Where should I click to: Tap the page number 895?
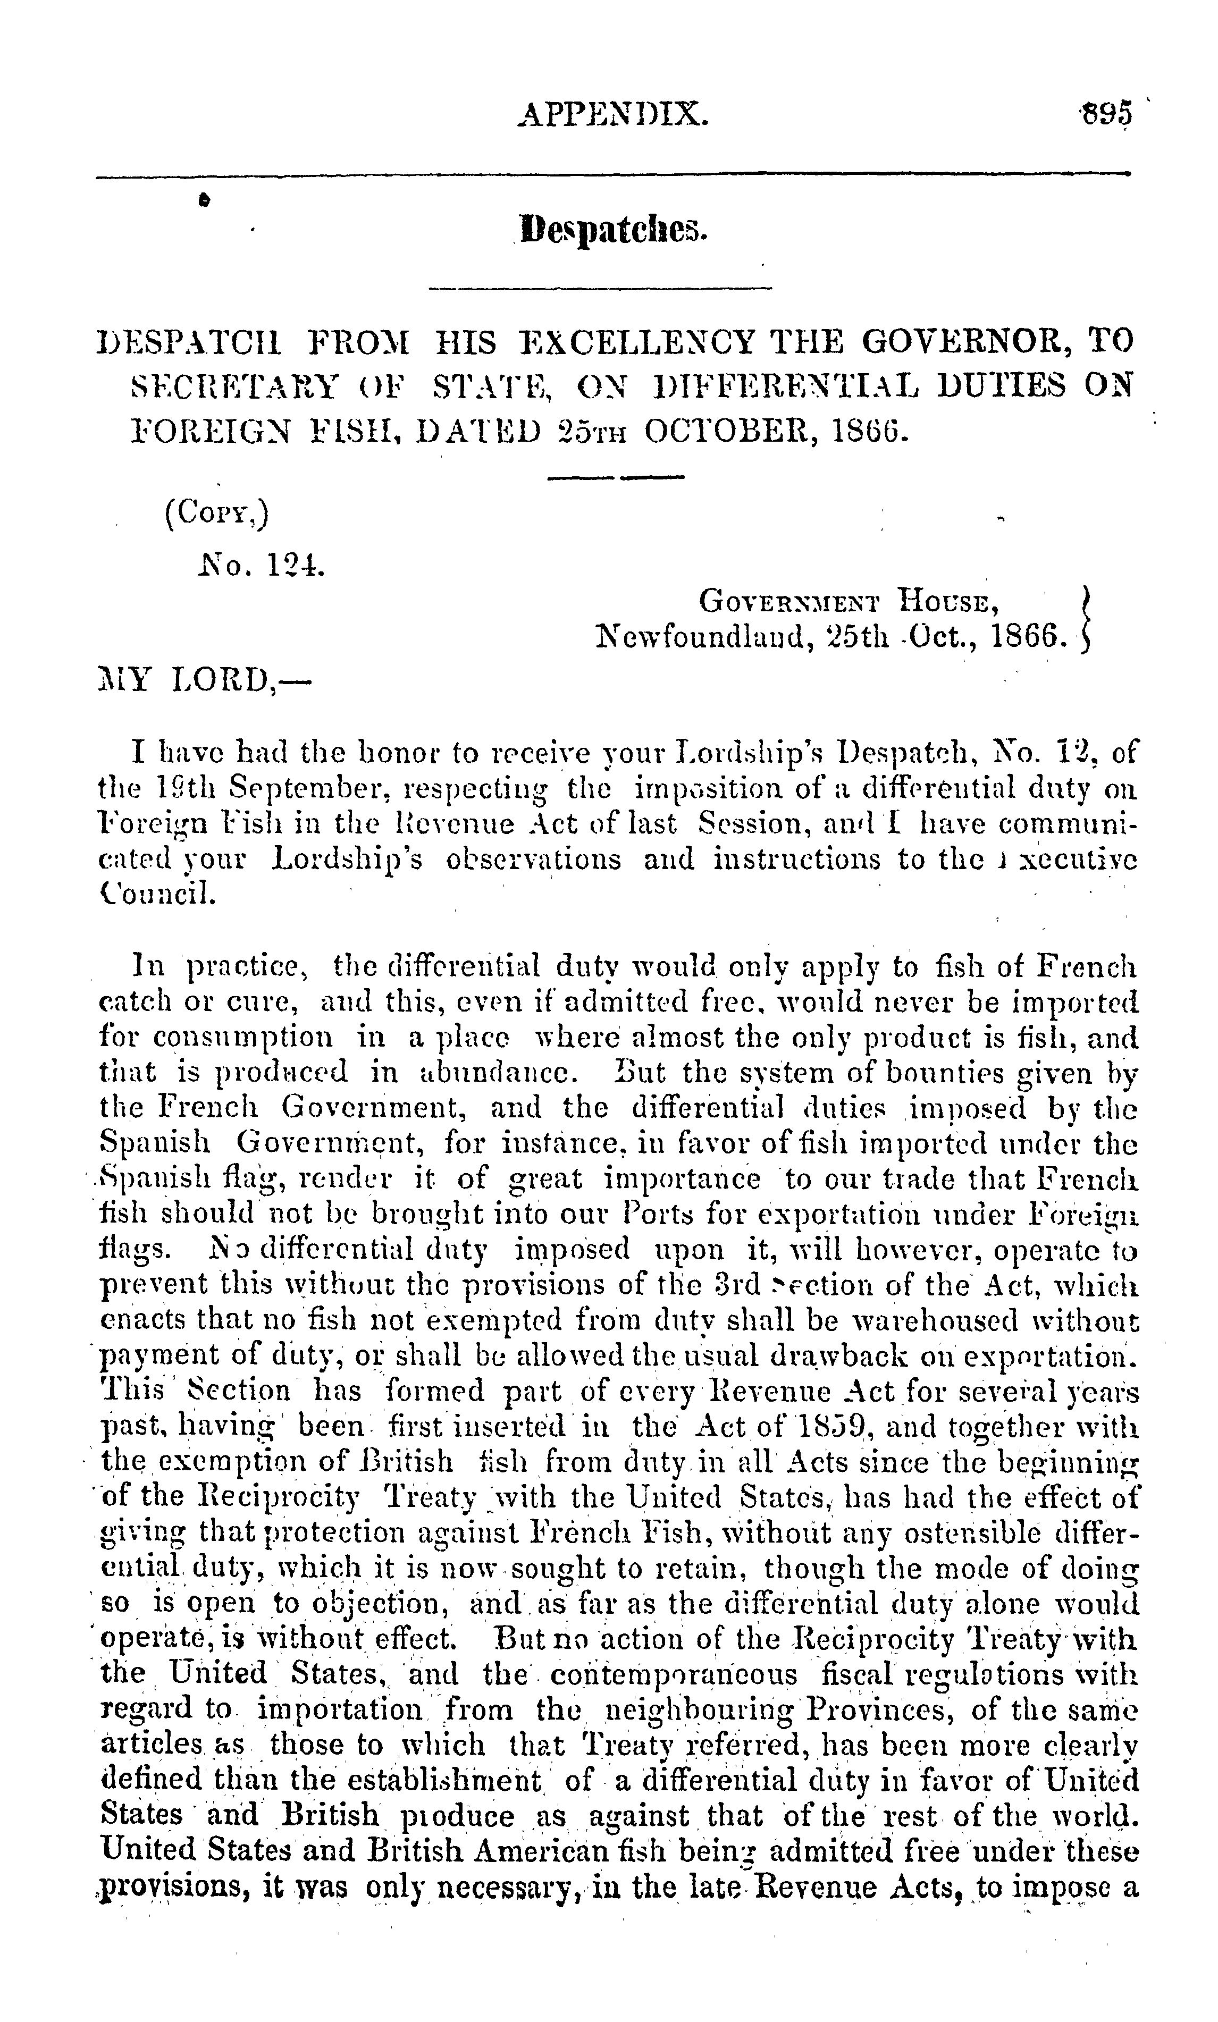point(1105,113)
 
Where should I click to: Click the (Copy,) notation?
point(217,513)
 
